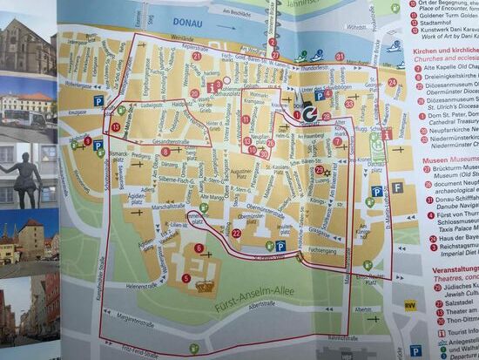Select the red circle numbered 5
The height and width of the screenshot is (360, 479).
(186, 278)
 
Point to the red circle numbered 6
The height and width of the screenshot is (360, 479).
(199, 248)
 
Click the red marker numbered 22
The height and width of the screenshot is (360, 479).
(237, 234)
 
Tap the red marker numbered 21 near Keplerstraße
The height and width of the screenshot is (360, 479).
(197, 56)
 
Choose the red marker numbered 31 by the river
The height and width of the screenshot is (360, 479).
(340, 57)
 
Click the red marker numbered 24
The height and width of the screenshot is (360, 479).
(393, 83)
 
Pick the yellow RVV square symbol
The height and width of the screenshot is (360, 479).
(410, 305)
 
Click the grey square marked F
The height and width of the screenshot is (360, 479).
(397, 187)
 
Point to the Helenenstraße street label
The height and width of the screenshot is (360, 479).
(145, 285)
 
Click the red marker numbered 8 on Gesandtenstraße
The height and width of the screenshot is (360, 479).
(165, 151)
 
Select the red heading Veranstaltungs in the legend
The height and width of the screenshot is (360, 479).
(455, 270)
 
